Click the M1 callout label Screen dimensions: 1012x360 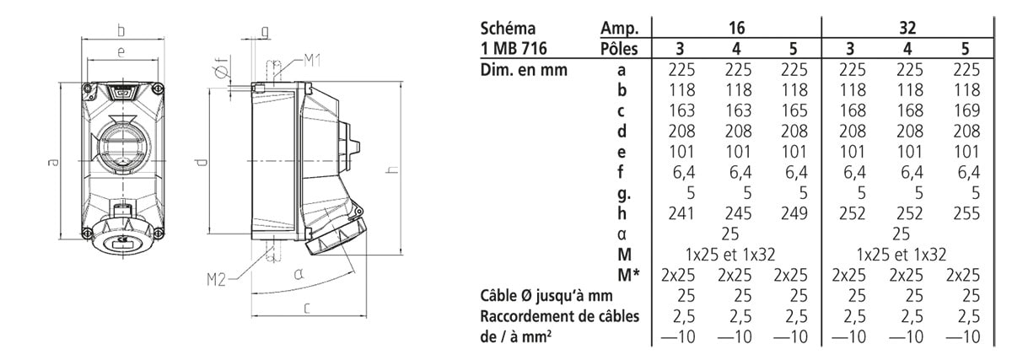(x=312, y=60)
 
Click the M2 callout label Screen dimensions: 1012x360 (x=216, y=280)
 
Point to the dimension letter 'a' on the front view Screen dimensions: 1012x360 (x=53, y=162)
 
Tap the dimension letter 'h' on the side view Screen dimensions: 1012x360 (x=394, y=169)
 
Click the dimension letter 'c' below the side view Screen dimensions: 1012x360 (x=307, y=309)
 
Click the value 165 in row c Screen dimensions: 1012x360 (x=794, y=110)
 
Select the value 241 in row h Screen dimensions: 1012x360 (x=681, y=213)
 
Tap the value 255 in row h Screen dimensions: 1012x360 (x=966, y=213)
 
